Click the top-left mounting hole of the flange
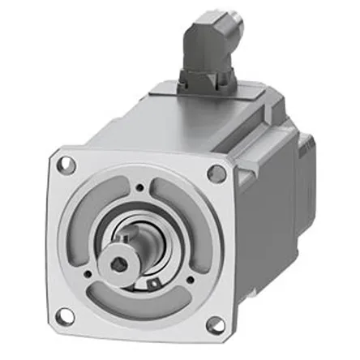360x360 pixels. pos(67,165)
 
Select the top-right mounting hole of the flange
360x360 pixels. pos(216,173)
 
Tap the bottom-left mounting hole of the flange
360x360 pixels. pos(65,314)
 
